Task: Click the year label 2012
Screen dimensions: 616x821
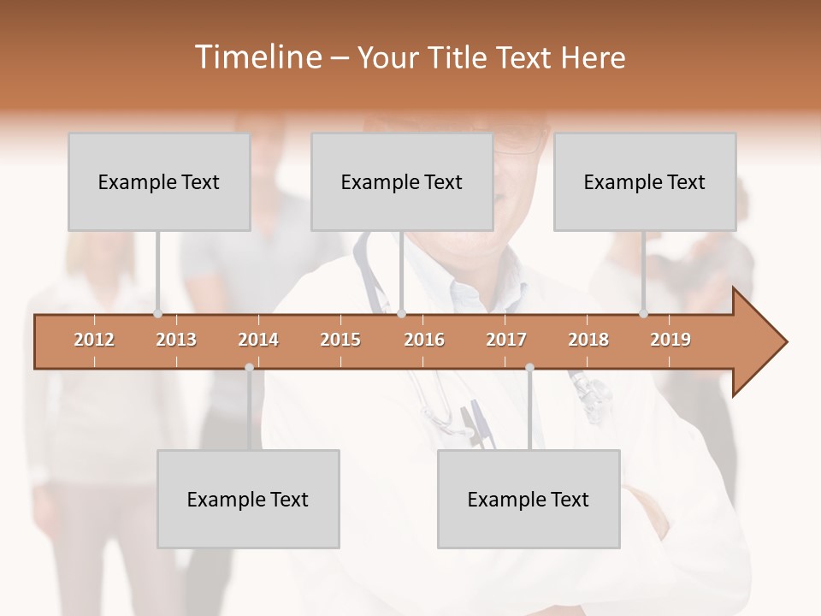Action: coord(94,340)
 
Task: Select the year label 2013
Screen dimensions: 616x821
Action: coord(176,340)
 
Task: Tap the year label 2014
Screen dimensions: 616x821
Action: coord(258,340)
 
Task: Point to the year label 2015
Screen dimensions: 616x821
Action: coord(340,340)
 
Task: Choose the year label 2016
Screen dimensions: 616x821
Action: coord(424,340)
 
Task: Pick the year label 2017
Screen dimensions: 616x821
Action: coord(506,340)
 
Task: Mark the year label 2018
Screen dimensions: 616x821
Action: coord(588,340)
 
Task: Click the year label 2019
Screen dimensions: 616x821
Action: coord(670,340)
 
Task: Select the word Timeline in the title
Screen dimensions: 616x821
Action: coord(257,57)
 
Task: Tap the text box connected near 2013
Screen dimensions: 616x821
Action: coord(159,181)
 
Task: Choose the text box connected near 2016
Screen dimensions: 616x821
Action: coord(402,181)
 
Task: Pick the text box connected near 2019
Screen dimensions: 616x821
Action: coord(645,181)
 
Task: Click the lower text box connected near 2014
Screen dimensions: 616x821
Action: coord(248,499)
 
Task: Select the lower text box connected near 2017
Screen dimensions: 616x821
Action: coord(529,499)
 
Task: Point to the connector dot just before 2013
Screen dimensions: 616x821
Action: coord(157,314)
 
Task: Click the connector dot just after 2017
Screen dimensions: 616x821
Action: coord(529,368)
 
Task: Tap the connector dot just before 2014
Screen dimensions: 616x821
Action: coord(249,368)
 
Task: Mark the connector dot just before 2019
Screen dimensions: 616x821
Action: coord(643,314)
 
